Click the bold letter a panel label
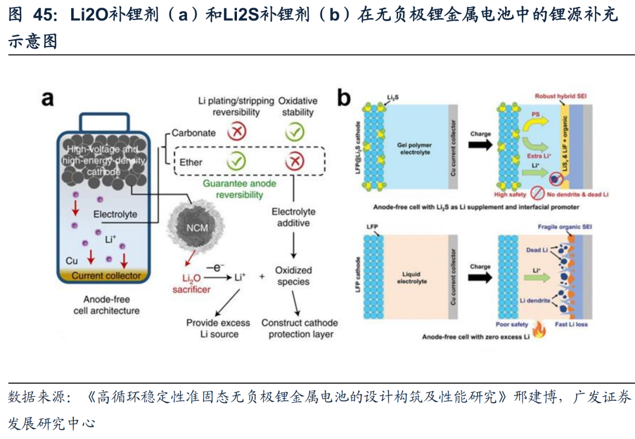[x=48, y=98]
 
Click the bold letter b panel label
[x=344, y=98]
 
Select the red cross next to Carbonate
[x=236, y=133]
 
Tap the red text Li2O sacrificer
[x=191, y=283]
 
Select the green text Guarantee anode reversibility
[x=239, y=189]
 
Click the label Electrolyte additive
[x=293, y=217]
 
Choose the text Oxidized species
[x=293, y=276]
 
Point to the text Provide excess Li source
[x=218, y=329]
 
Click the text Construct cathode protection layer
[x=299, y=329]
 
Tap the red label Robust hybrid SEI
[x=562, y=96]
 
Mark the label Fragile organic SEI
[x=562, y=227]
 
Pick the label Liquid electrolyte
[x=415, y=277]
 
